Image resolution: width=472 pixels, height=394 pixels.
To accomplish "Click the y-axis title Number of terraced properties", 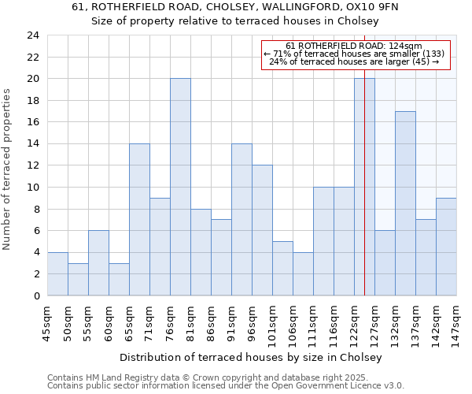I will (x=8, y=169).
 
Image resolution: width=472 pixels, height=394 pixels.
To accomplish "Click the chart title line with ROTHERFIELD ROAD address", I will (x=235, y=7).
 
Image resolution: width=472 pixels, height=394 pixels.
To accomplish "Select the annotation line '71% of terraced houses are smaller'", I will (x=354, y=54).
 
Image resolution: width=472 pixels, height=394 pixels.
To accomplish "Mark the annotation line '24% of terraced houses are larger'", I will (x=354, y=61).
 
